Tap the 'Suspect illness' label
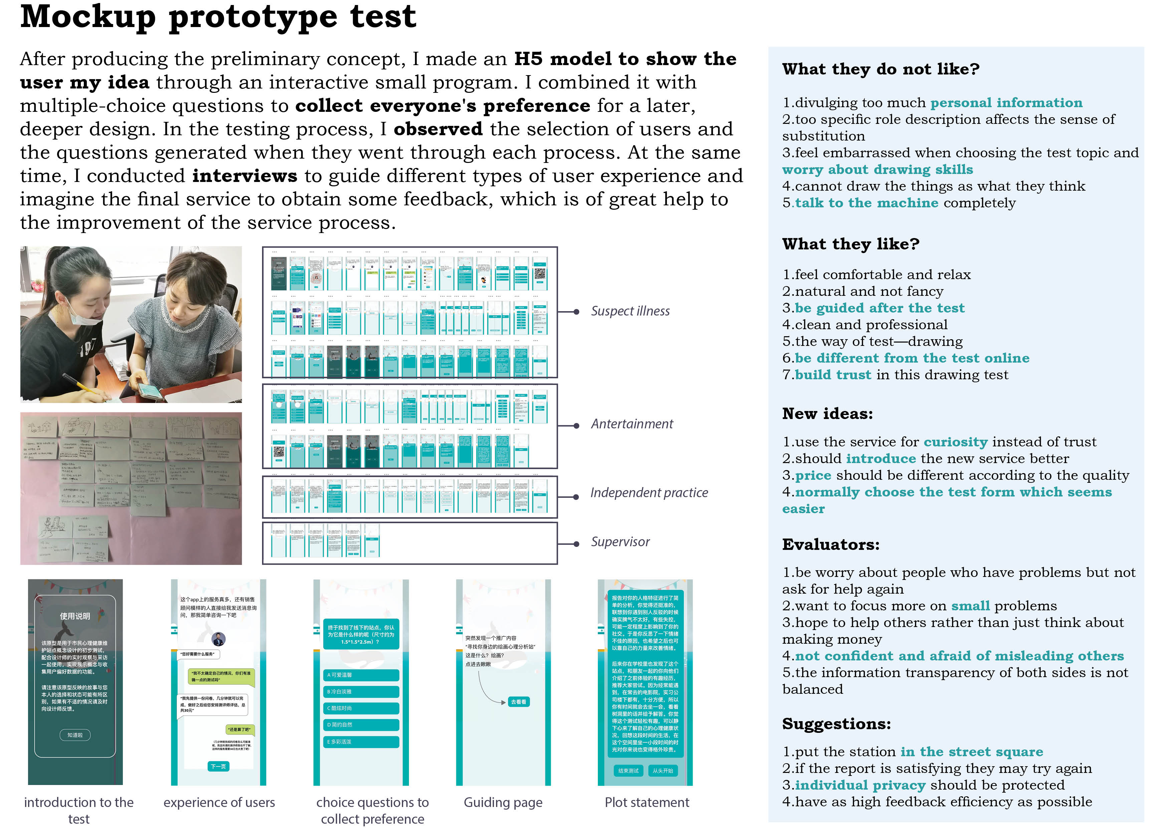coord(630,311)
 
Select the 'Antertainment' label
coord(632,424)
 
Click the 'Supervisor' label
coord(620,542)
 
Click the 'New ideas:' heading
coord(827,414)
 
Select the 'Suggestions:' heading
coord(837,724)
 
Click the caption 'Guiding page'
coord(503,803)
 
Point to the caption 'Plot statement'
coord(646,803)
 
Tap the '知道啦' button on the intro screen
coord(75,735)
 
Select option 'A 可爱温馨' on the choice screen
coord(361,675)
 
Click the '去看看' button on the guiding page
coord(518,702)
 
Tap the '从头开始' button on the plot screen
coord(663,771)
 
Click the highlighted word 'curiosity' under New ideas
coord(955,442)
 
